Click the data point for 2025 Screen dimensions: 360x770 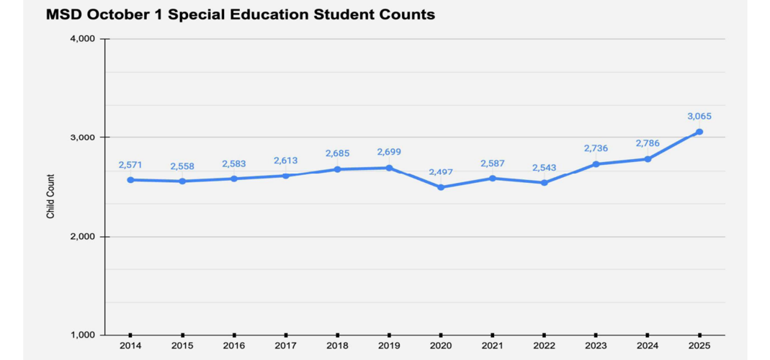point(699,132)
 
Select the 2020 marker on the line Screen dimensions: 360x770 point(441,187)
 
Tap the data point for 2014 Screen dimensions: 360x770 point(130,180)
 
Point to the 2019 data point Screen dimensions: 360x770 point(389,168)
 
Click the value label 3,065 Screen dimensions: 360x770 point(699,116)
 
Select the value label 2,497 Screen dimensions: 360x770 point(441,172)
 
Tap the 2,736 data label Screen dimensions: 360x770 point(596,148)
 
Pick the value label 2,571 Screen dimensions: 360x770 point(130,165)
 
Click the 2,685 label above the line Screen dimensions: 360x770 point(337,153)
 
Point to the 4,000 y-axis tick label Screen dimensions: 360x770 point(84,39)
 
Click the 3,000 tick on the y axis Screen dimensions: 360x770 point(84,138)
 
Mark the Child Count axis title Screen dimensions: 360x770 point(50,197)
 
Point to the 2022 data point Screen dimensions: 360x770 point(544,183)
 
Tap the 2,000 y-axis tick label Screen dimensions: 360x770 point(84,237)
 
